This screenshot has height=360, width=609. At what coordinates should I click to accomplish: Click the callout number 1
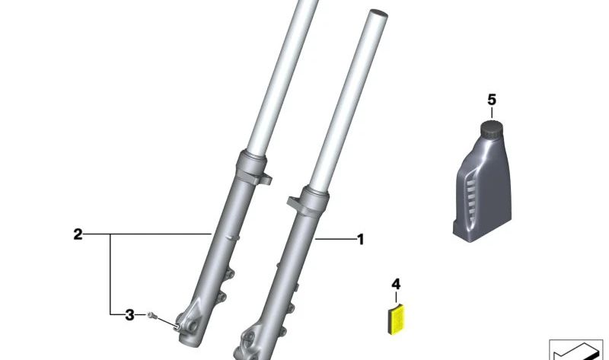pyautogui.click(x=360, y=240)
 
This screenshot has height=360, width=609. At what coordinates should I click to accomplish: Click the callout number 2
pyautogui.click(x=78, y=234)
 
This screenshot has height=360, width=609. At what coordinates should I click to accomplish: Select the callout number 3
pyautogui.click(x=129, y=314)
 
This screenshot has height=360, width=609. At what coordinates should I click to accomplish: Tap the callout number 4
pyautogui.click(x=395, y=284)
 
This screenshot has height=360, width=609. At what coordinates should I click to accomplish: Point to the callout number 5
pyautogui.click(x=491, y=100)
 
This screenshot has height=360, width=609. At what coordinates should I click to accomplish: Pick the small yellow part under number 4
pyautogui.click(x=394, y=317)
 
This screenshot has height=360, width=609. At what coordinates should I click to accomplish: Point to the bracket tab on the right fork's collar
pyautogui.click(x=292, y=203)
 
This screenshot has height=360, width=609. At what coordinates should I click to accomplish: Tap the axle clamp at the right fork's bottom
pyautogui.click(x=251, y=343)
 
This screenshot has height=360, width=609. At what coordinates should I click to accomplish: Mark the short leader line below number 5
pyautogui.click(x=491, y=113)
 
